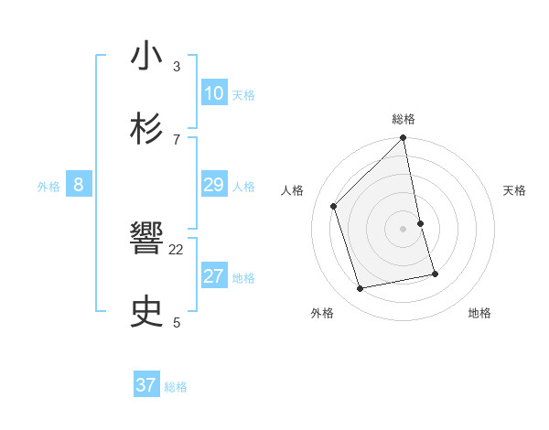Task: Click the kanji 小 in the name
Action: (x=146, y=56)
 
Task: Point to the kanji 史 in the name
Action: (x=146, y=312)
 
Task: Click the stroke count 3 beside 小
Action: (x=177, y=66)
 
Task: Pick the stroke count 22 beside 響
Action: (x=177, y=249)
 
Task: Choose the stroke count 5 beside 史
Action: (x=177, y=322)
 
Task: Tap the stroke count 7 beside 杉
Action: (x=177, y=139)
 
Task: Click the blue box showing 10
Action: (x=214, y=93)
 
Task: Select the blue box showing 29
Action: (x=214, y=186)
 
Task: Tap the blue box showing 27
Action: (x=214, y=276)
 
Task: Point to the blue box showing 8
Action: (x=79, y=186)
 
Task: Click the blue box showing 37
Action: (x=146, y=385)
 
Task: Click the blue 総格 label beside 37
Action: (x=176, y=387)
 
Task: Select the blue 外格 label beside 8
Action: (x=48, y=187)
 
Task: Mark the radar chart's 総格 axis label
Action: (x=404, y=119)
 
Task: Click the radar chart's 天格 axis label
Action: (x=515, y=190)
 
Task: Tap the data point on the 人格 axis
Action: (x=334, y=206)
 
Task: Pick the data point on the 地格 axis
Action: (x=435, y=274)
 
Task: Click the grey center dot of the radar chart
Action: (x=404, y=229)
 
